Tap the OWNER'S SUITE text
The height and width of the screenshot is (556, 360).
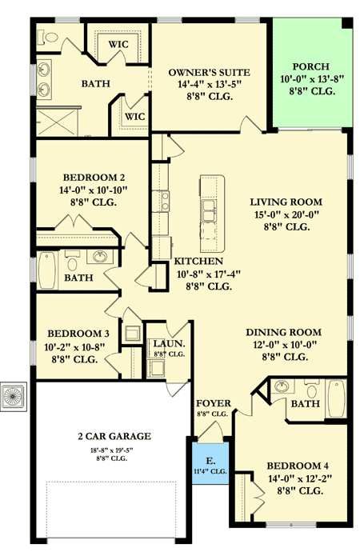203,73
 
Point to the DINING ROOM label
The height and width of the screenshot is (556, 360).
283,332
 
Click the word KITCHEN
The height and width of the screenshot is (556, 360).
198,262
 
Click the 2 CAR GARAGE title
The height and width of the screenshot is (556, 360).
115,436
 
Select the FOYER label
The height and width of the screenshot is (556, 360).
213,404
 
